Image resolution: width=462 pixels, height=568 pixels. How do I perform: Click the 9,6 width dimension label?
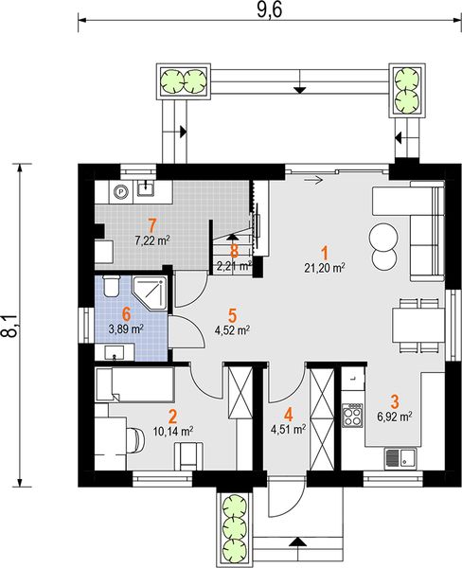[269, 9]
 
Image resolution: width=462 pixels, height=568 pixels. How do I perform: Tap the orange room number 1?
[325, 253]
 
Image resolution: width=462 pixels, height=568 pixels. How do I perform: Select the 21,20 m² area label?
[325, 269]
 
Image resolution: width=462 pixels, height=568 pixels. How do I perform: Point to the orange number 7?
[152, 225]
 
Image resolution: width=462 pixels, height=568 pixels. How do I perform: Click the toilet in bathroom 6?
[111, 286]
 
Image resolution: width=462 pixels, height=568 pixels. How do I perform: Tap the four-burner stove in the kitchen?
[353, 416]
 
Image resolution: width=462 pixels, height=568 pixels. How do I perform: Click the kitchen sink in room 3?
[400, 458]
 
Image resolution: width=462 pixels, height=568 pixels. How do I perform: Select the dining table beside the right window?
[418, 326]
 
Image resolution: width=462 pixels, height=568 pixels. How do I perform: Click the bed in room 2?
[134, 384]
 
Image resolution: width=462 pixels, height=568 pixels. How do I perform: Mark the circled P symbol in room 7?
[120, 190]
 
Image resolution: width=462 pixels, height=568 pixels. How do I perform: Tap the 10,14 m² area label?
[172, 432]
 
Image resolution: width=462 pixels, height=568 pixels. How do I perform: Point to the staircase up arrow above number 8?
[232, 237]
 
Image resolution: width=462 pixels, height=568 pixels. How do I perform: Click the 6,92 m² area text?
[394, 417]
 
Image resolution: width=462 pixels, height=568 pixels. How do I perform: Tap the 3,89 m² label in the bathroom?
[127, 329]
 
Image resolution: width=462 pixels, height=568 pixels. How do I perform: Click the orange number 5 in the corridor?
[232, 315]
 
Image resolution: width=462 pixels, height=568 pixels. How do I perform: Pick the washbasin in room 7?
[146, 188]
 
